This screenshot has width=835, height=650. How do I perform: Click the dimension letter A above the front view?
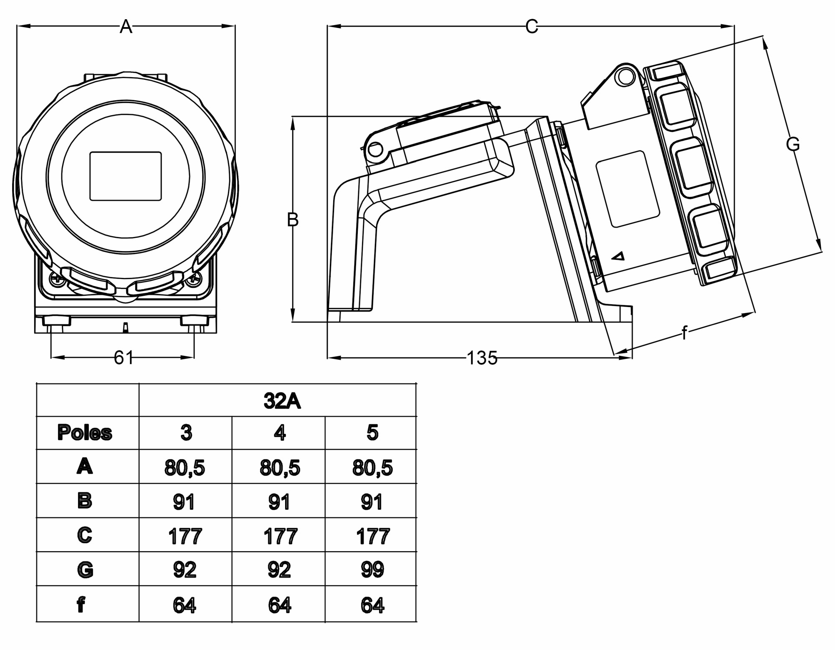(x=126, y=27)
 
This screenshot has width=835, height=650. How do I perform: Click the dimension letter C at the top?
(x=531, y=27)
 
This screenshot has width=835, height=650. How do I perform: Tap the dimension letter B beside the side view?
(x=293, y=220)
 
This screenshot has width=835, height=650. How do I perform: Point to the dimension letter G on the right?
(x=792, y=144)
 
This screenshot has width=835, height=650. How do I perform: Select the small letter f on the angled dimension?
(x=684, y=333)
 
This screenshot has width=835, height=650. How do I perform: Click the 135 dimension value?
(x=482, y=358)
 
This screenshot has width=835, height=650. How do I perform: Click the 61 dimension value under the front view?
(x=124, y=358)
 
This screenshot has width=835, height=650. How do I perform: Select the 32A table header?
(x=282, y=401)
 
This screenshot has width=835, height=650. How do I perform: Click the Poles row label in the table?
(x=85, y=433)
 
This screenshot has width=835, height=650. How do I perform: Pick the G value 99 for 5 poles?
(x=372, y=569)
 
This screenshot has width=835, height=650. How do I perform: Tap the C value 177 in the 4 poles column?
(x=280, y=536)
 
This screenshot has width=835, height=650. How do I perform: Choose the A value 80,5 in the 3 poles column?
(x=185, y=467)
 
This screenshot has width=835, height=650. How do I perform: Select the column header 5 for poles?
(x=372, y=433)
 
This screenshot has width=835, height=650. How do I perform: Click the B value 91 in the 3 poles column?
(x=184, y=501)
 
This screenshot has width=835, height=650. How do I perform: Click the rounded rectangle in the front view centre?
(x=126, y=176)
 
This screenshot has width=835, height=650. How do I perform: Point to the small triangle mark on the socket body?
(x=618, y=256)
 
